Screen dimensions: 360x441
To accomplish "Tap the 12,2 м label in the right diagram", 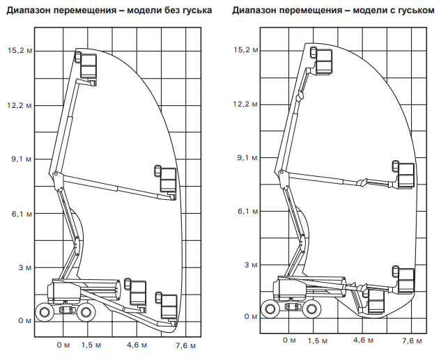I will click(247, 104).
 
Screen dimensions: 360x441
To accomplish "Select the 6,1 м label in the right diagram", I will click(249, 210).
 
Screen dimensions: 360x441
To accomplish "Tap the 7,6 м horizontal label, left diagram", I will click(183, 345).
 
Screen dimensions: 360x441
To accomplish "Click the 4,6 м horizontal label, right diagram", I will click(364, 341).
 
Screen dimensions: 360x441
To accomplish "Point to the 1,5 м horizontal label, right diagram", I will click(318, 341).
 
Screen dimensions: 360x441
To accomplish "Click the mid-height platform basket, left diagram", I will click(167, 179).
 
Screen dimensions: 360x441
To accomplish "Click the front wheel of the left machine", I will click(87, 312).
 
